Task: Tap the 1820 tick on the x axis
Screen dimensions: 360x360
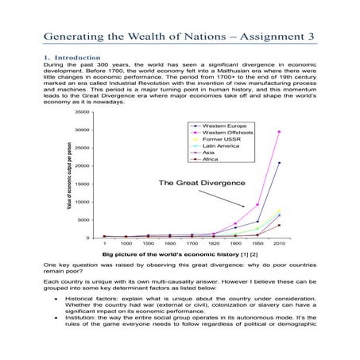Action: (214, 243)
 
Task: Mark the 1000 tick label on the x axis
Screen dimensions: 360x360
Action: (126, 243)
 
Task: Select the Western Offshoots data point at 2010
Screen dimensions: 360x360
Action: (279, 132)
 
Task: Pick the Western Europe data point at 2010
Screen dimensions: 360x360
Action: (279, 163)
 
